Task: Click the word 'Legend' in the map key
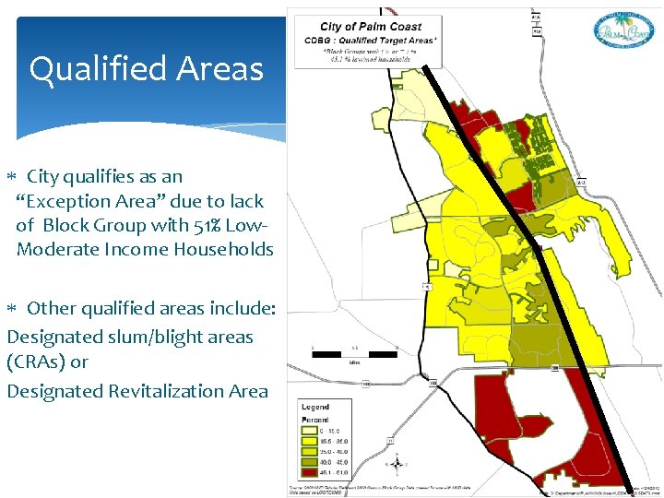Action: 315,407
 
